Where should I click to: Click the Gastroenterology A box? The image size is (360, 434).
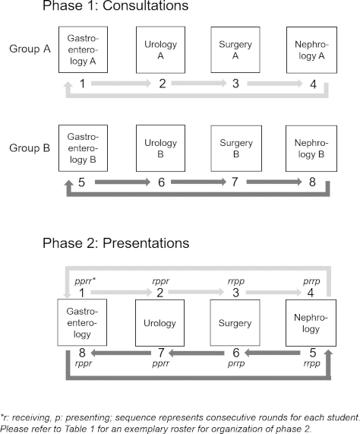[x=83, y=50]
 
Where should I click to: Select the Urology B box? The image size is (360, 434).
[x=160, y=148]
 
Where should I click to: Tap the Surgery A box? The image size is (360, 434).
[x=235, y=50]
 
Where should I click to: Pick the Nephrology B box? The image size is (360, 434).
[x=311, y=148]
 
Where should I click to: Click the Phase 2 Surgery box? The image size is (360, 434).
[x=235, y=323]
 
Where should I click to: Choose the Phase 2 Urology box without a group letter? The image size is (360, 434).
[x=159, y=323]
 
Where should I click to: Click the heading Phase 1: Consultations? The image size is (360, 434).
[x=115, y=5]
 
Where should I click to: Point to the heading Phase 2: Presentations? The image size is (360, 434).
[x=116, y=243]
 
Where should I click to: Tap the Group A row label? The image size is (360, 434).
[x=30, y=49]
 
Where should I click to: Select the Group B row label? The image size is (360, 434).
[x=30, y=147]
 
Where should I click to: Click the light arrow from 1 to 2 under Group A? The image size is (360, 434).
[x=121, y=83]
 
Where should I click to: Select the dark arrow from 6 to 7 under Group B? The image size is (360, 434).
[x=198, y=182]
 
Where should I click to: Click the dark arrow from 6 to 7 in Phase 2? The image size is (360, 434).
[x=196, y=353]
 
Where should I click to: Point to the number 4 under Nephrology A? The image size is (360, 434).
[x=313, y=84]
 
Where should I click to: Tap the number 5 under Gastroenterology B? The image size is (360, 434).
[x=81, y=182]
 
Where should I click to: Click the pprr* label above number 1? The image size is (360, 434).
[x=85, y=281]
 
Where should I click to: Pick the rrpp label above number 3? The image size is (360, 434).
[x=236, y=281]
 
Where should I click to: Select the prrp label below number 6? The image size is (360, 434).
[x=236, y=363]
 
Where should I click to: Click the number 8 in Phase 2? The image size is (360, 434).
[x=82, y=353]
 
